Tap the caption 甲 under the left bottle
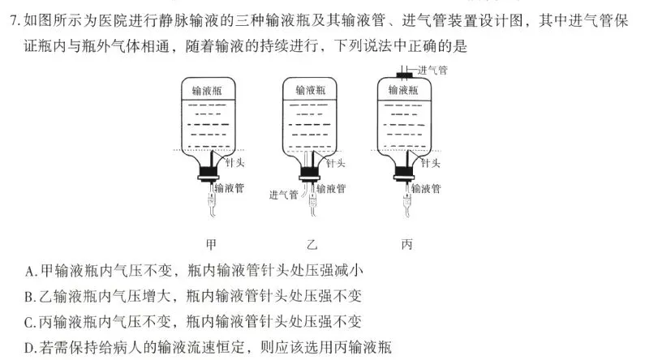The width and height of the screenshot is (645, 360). tap(212, 243)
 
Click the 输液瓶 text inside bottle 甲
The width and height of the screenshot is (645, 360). tap(209, 91)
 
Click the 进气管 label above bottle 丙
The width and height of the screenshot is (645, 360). tap(432, 71)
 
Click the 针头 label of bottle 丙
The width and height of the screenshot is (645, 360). tap(431, 164)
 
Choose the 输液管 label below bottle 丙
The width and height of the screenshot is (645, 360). tap(427, 189)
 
